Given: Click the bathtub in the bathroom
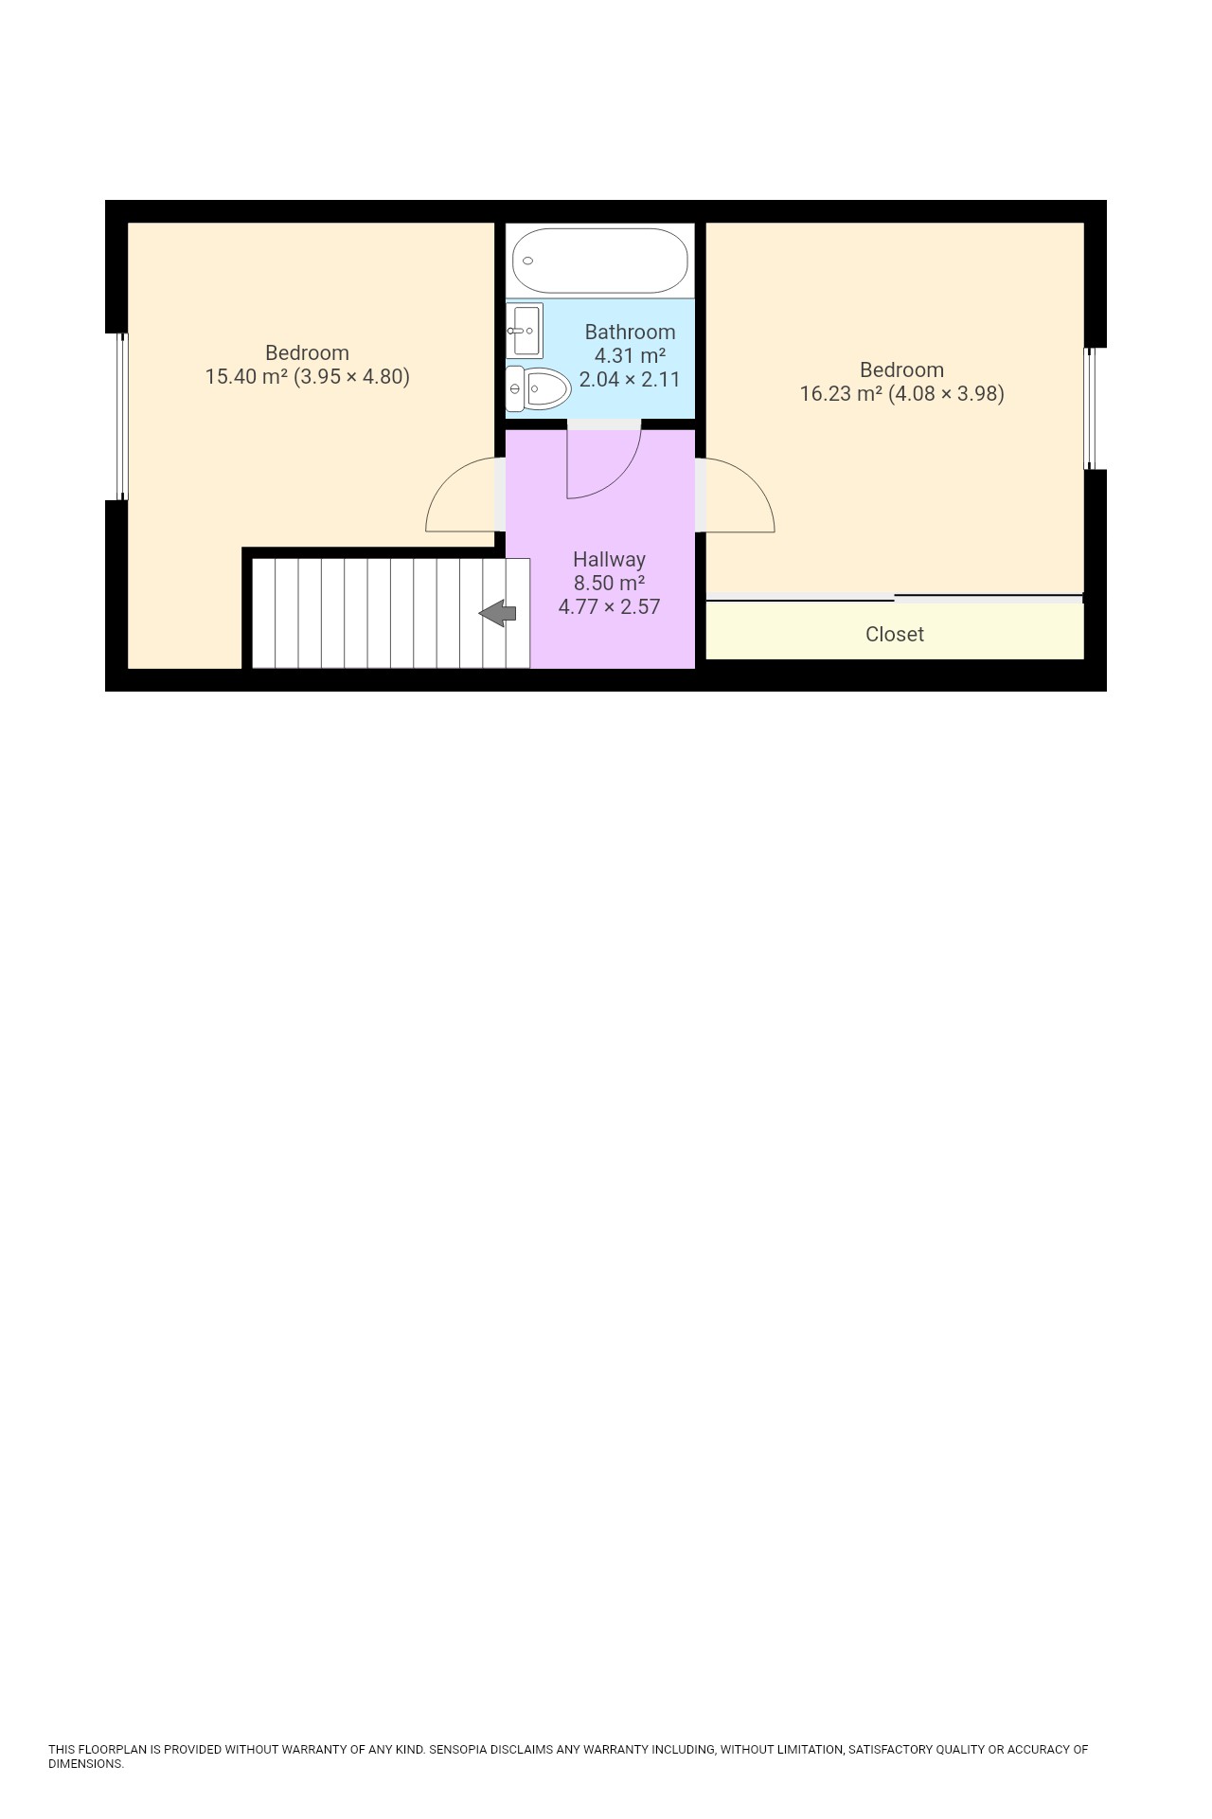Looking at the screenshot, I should pyautogui.click(x=599, y=261).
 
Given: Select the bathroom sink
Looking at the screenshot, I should pyautogui.click(x=524, y=330).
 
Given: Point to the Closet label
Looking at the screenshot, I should pyautogui.click(x=894, y=634).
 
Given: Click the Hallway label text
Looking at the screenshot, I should pyautogui.click(x=609, y=559).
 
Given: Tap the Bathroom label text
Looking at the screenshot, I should pyautogui.click(x=630, y=332).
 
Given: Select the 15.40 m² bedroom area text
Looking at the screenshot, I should pyautogui.click(x=246, y=376).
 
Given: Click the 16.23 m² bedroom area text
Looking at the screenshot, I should pyautogui.click(x=841, y=393).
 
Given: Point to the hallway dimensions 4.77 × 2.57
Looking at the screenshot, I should pyautogui.click(x=609, y=606).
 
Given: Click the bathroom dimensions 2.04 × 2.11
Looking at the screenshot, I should pyautogui.click(x=630, y=379).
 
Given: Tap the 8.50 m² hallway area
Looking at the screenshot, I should pyautogui.click(x=609, y=583).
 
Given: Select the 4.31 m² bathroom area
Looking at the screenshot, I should pyautogui.click(x=630, y=355).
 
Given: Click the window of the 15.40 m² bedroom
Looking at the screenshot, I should pyautogui.click(x=121, y=416).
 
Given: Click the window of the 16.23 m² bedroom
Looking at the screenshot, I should pyautogui.click(x=1089, y=408).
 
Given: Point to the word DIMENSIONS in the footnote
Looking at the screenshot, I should pyautogui.click(x=85, y=1764).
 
